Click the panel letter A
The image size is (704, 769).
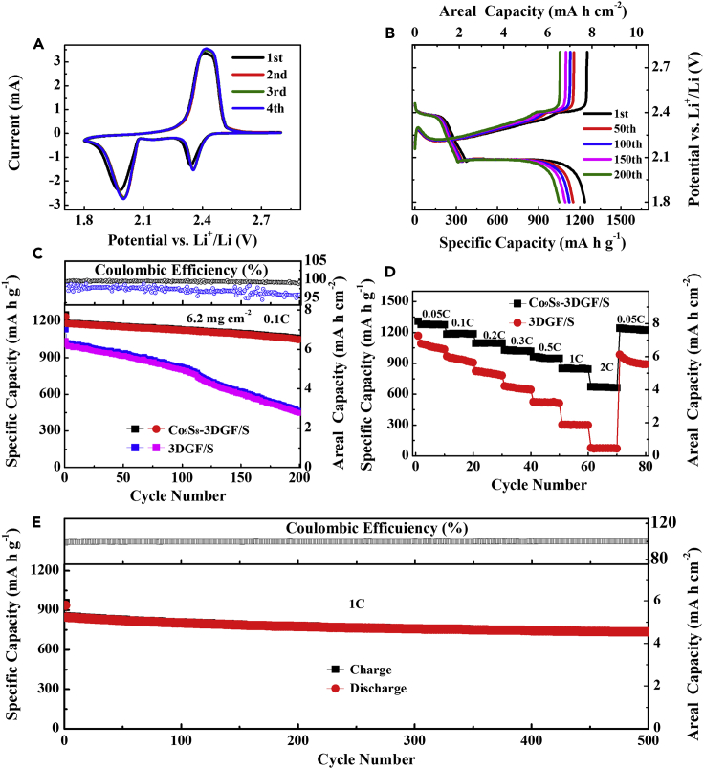pyautogui.click(x=39, y=42)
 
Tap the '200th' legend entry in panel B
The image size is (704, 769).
pyautogui.click(x=610, y=175)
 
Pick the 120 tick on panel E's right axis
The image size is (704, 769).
pyautogui.click(x=667, y=522)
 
